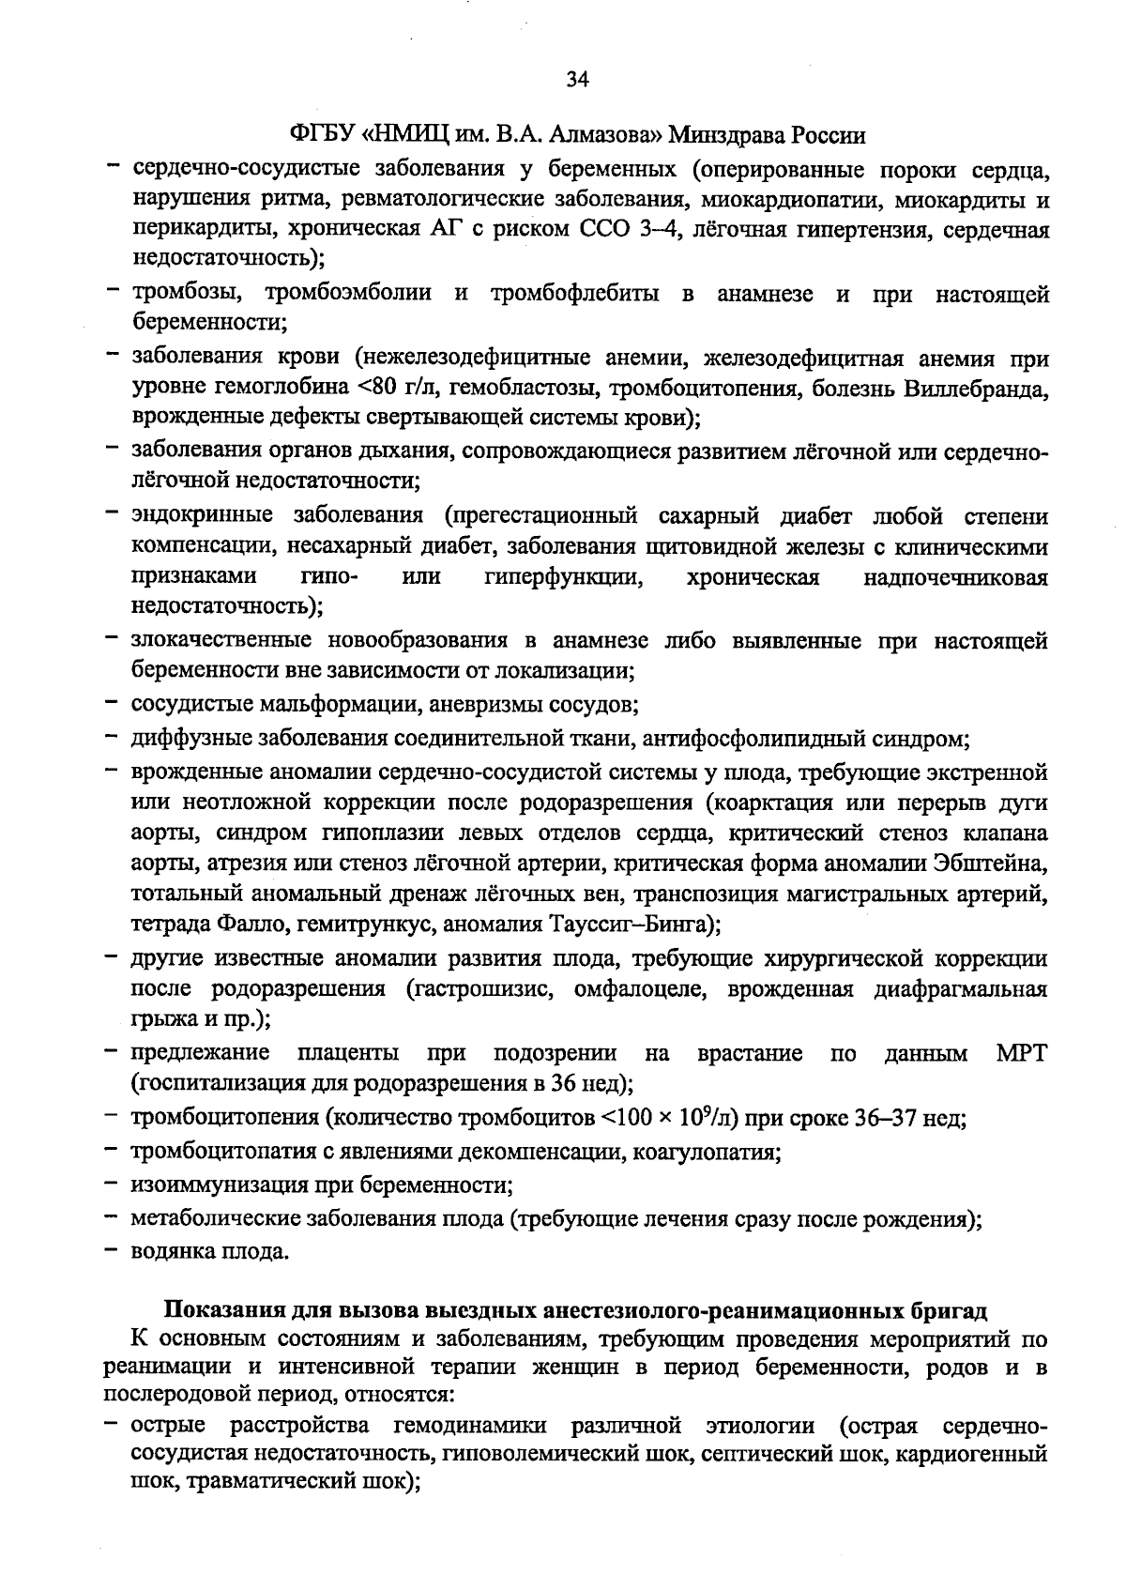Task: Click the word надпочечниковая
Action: tap(954, 577)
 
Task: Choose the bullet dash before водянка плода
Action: tap(112, 1250)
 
